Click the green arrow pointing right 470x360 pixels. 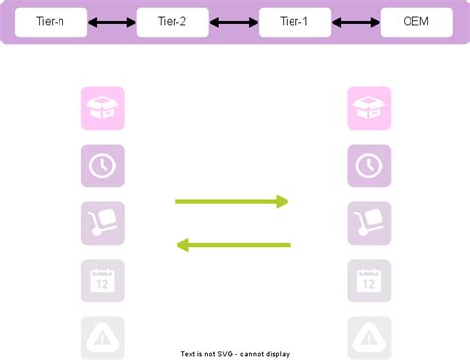click(x=231, y=202)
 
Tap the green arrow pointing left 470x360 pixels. click(x=231, y=244)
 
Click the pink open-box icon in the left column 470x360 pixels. click(x=103, y=108)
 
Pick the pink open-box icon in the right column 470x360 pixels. click(x=369, y=108)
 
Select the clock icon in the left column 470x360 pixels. click(x=103, y=166)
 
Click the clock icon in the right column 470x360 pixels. click(x=369, y=166)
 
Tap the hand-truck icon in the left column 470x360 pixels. click(x=103, y=223)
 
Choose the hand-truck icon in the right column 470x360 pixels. click(x=369, y=223)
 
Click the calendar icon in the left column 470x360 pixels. click(x=103, y=281)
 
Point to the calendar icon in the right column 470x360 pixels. click(x=369, y=281)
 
